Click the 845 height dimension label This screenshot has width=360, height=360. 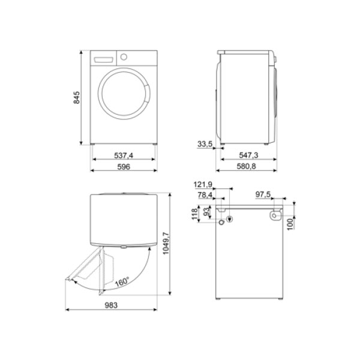[77, 98]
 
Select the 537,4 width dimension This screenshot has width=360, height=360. [124, 155]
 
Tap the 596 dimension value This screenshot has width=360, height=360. [124, 167]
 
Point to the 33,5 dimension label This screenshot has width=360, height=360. [205, 144]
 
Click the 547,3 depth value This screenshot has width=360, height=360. [248, 155]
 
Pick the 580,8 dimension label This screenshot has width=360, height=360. [246, 166]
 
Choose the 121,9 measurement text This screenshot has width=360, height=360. [203, 184]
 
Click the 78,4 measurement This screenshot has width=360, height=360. [205, 195]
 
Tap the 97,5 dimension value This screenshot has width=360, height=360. [263, 194]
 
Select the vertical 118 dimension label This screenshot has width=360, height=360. [194, 214]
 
